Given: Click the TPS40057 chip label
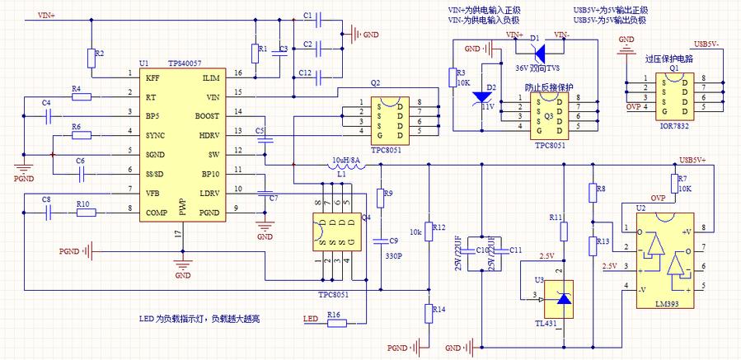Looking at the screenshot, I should click(x=185, y=63).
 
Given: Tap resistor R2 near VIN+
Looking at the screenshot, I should click(x=91, y=58).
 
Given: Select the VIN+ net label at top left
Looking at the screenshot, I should click(x=47, y=16).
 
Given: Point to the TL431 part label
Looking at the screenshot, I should click(x=546, y=323).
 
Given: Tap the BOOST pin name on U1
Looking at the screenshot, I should click(x=207, y=115).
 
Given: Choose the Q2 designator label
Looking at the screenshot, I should click(x=375, y=82).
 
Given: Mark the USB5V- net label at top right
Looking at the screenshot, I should click(x=708, y=44).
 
